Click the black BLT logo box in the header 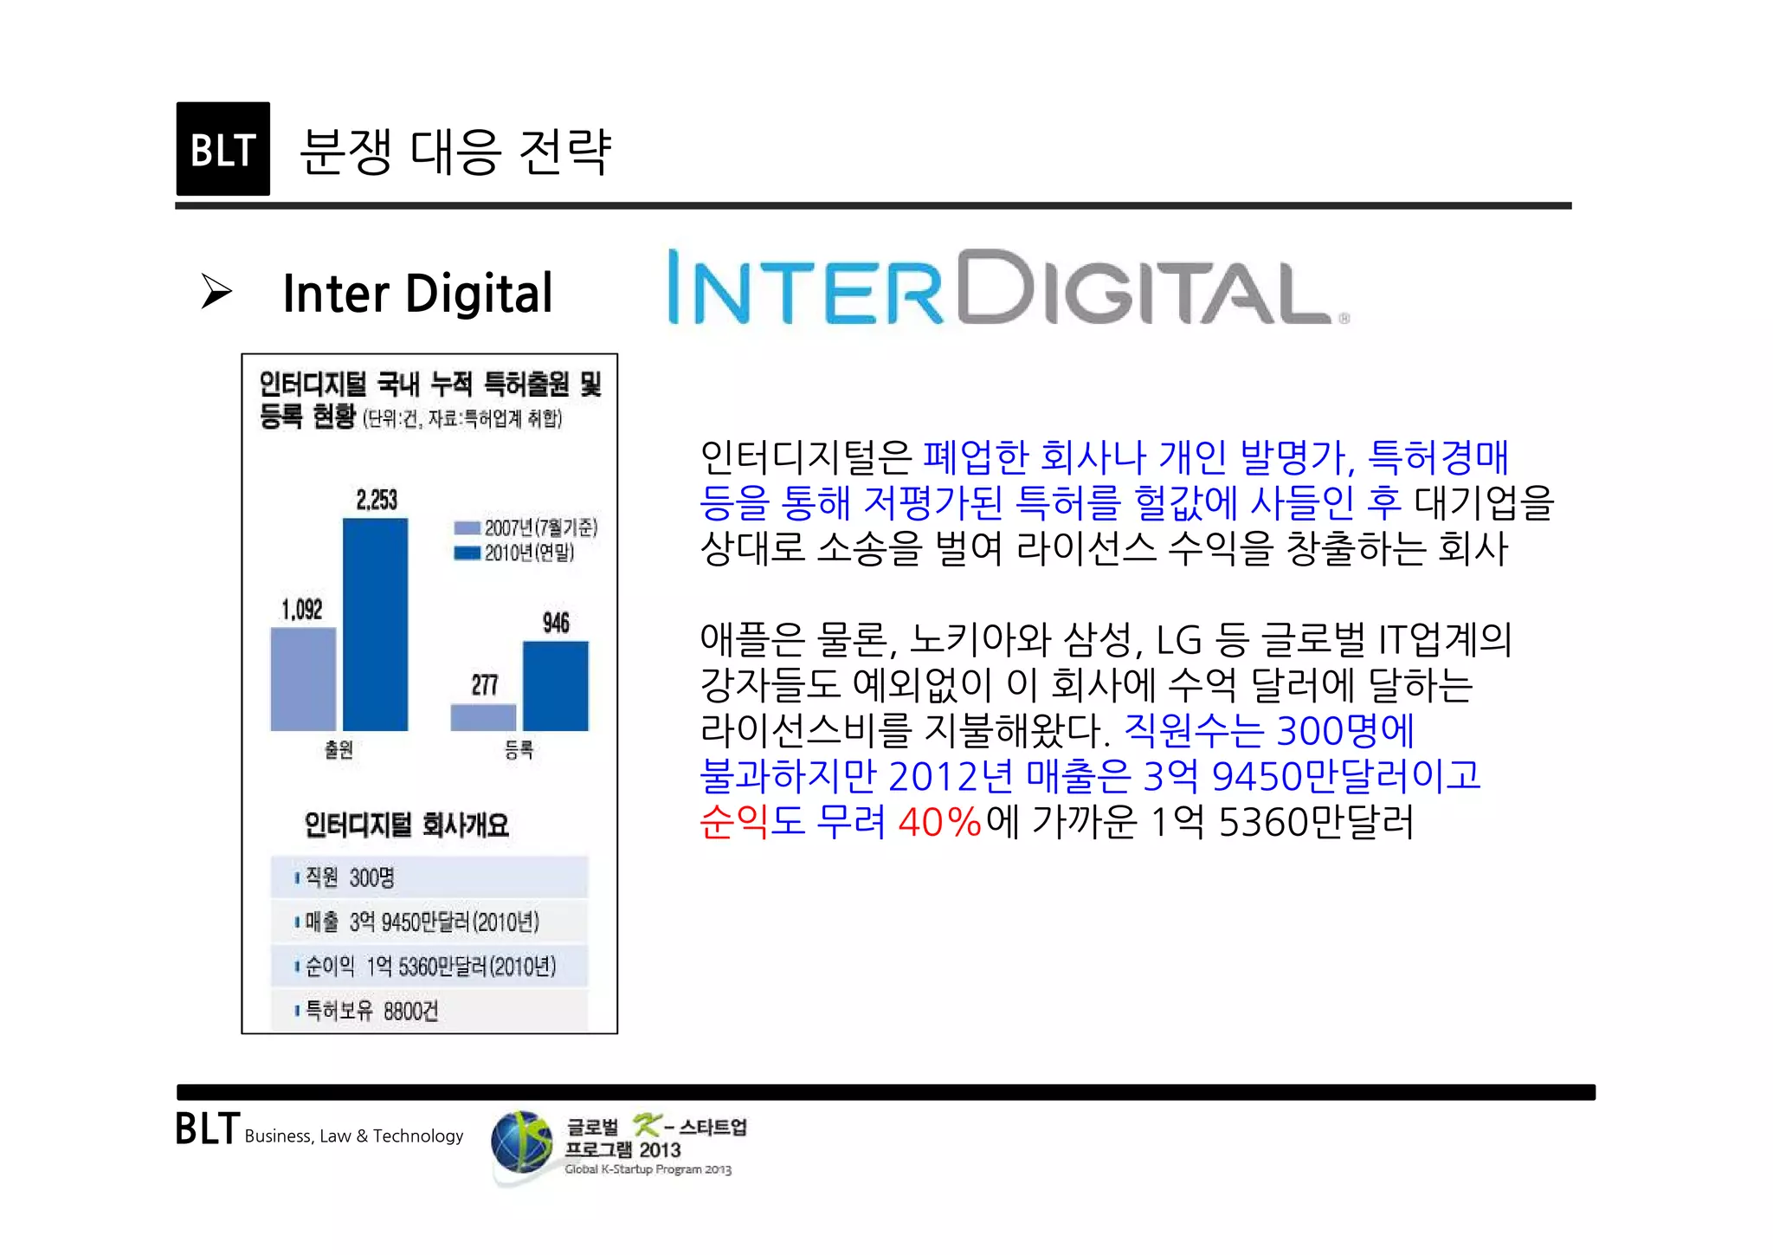(x=222, y=149)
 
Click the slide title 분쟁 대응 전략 (x=455, y=152)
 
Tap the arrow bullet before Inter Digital (x=216, y=291)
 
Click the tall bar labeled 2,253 (x=375, y=624)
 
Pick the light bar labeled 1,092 (x=303, y=679)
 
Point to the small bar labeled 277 (x=483, y=717)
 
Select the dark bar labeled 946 (x=555, y=685)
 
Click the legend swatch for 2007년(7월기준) (x=467, y=527)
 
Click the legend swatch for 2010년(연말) (x=467, y=553)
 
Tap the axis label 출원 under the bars (x=338, y=749)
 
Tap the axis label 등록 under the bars (x=519, y=749)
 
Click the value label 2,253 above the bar (x=377, y=500)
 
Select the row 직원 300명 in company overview (x=429, y=877)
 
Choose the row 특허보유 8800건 (x=429, y=1010)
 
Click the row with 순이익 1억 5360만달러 (x=429, y=966)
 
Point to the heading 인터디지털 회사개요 (x=406, y=825)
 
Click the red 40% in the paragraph (x=938, y=822)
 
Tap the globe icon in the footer (x=521, y=1142)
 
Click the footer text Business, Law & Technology (x=354, y=1136)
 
